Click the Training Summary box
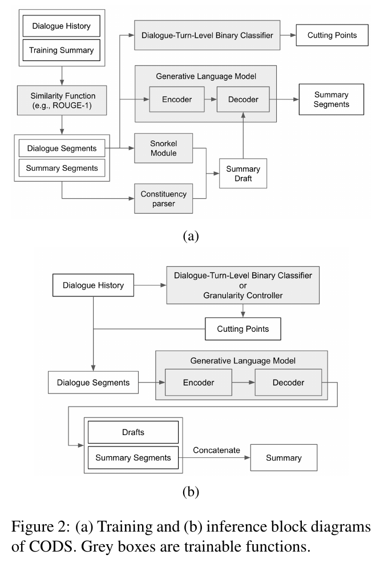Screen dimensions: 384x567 62,50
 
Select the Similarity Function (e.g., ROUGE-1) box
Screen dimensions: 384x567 62,100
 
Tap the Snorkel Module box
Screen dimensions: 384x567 163,148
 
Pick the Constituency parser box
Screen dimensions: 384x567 163,199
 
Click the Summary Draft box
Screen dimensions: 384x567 243,174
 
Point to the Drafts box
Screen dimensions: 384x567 133,432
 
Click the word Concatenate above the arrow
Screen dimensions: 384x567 216,450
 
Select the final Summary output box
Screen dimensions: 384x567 284,458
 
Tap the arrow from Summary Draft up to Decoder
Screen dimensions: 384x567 243,135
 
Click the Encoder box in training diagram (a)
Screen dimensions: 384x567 177,99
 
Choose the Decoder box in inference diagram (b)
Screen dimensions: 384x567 288,383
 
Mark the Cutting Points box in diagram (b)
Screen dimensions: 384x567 242,329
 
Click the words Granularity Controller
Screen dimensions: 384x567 242,295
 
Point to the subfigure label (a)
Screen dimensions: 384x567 191,236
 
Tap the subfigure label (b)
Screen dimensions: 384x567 191,492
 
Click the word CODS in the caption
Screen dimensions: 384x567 51,546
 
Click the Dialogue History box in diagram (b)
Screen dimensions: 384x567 93,285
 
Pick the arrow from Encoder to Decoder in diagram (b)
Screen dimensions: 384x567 244,383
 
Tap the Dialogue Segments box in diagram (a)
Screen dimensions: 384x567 62,148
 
